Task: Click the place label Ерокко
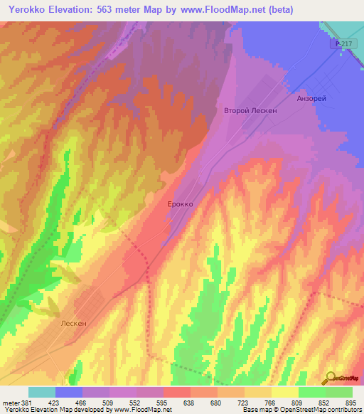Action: point(180,203)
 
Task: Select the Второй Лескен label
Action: point(250,111)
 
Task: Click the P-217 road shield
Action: point(343,44)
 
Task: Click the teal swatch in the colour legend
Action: point(42,392)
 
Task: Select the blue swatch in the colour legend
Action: point(69,392)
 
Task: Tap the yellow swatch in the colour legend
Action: point(285,392)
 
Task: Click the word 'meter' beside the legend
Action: point(11,402)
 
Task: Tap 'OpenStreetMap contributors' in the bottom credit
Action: point(323,410)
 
